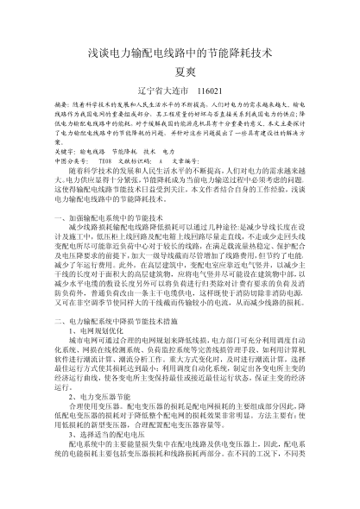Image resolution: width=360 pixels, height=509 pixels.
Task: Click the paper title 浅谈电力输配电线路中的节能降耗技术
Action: pos(180,53)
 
